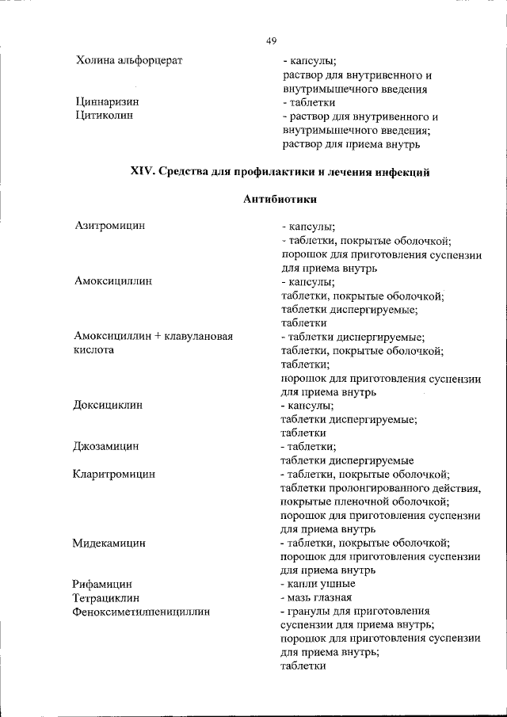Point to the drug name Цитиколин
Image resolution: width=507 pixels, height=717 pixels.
click(104, 116)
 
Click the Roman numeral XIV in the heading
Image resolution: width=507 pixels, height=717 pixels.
click(141, 173)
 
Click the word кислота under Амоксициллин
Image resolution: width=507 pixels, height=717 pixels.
click(94, 349)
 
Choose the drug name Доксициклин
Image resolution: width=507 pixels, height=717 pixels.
click(109, 405)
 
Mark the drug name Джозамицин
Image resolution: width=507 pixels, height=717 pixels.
click(106, 446)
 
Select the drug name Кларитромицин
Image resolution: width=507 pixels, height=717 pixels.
click(114, 474)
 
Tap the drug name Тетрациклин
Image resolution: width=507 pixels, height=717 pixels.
click(105, 597)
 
